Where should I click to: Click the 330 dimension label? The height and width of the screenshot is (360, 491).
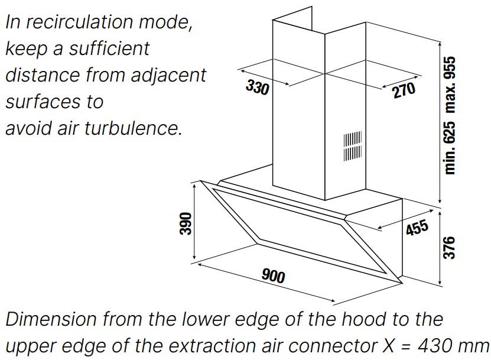click(258, 87)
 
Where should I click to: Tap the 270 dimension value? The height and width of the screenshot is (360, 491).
click(404, 90)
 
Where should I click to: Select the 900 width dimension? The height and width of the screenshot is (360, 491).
click(274, 276)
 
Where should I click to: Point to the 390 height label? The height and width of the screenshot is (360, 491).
click(186, 223)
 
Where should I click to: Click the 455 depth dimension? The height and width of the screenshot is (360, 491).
click(417, 227)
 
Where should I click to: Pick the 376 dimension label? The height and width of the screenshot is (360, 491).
click(448, 248)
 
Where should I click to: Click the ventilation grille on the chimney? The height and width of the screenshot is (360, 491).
click(353, 147)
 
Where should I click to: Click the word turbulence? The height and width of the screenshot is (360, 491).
click(134, 128)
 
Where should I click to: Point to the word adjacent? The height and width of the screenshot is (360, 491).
click(168, 76)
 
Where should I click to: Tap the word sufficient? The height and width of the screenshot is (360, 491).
click(109, 48)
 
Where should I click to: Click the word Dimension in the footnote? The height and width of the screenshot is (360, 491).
click(51, 319)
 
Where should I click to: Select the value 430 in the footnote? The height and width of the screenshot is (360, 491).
click(435, 346)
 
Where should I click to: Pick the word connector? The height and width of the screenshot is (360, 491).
click(333, 346)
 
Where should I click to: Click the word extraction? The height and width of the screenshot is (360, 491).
click(212, 346)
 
